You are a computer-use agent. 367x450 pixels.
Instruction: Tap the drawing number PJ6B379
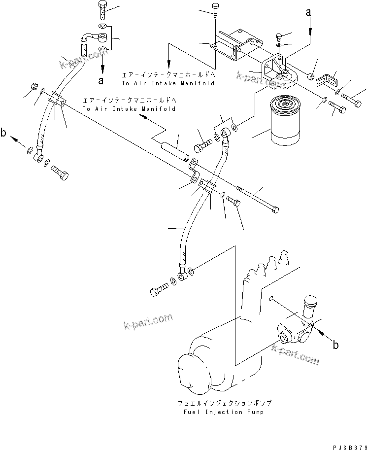(347, 445)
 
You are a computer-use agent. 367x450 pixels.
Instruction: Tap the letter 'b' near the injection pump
(335, 345)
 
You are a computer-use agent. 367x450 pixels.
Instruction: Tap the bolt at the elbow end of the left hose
(59, 173)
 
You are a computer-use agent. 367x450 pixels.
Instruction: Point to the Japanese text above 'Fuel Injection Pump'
(224, 403)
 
